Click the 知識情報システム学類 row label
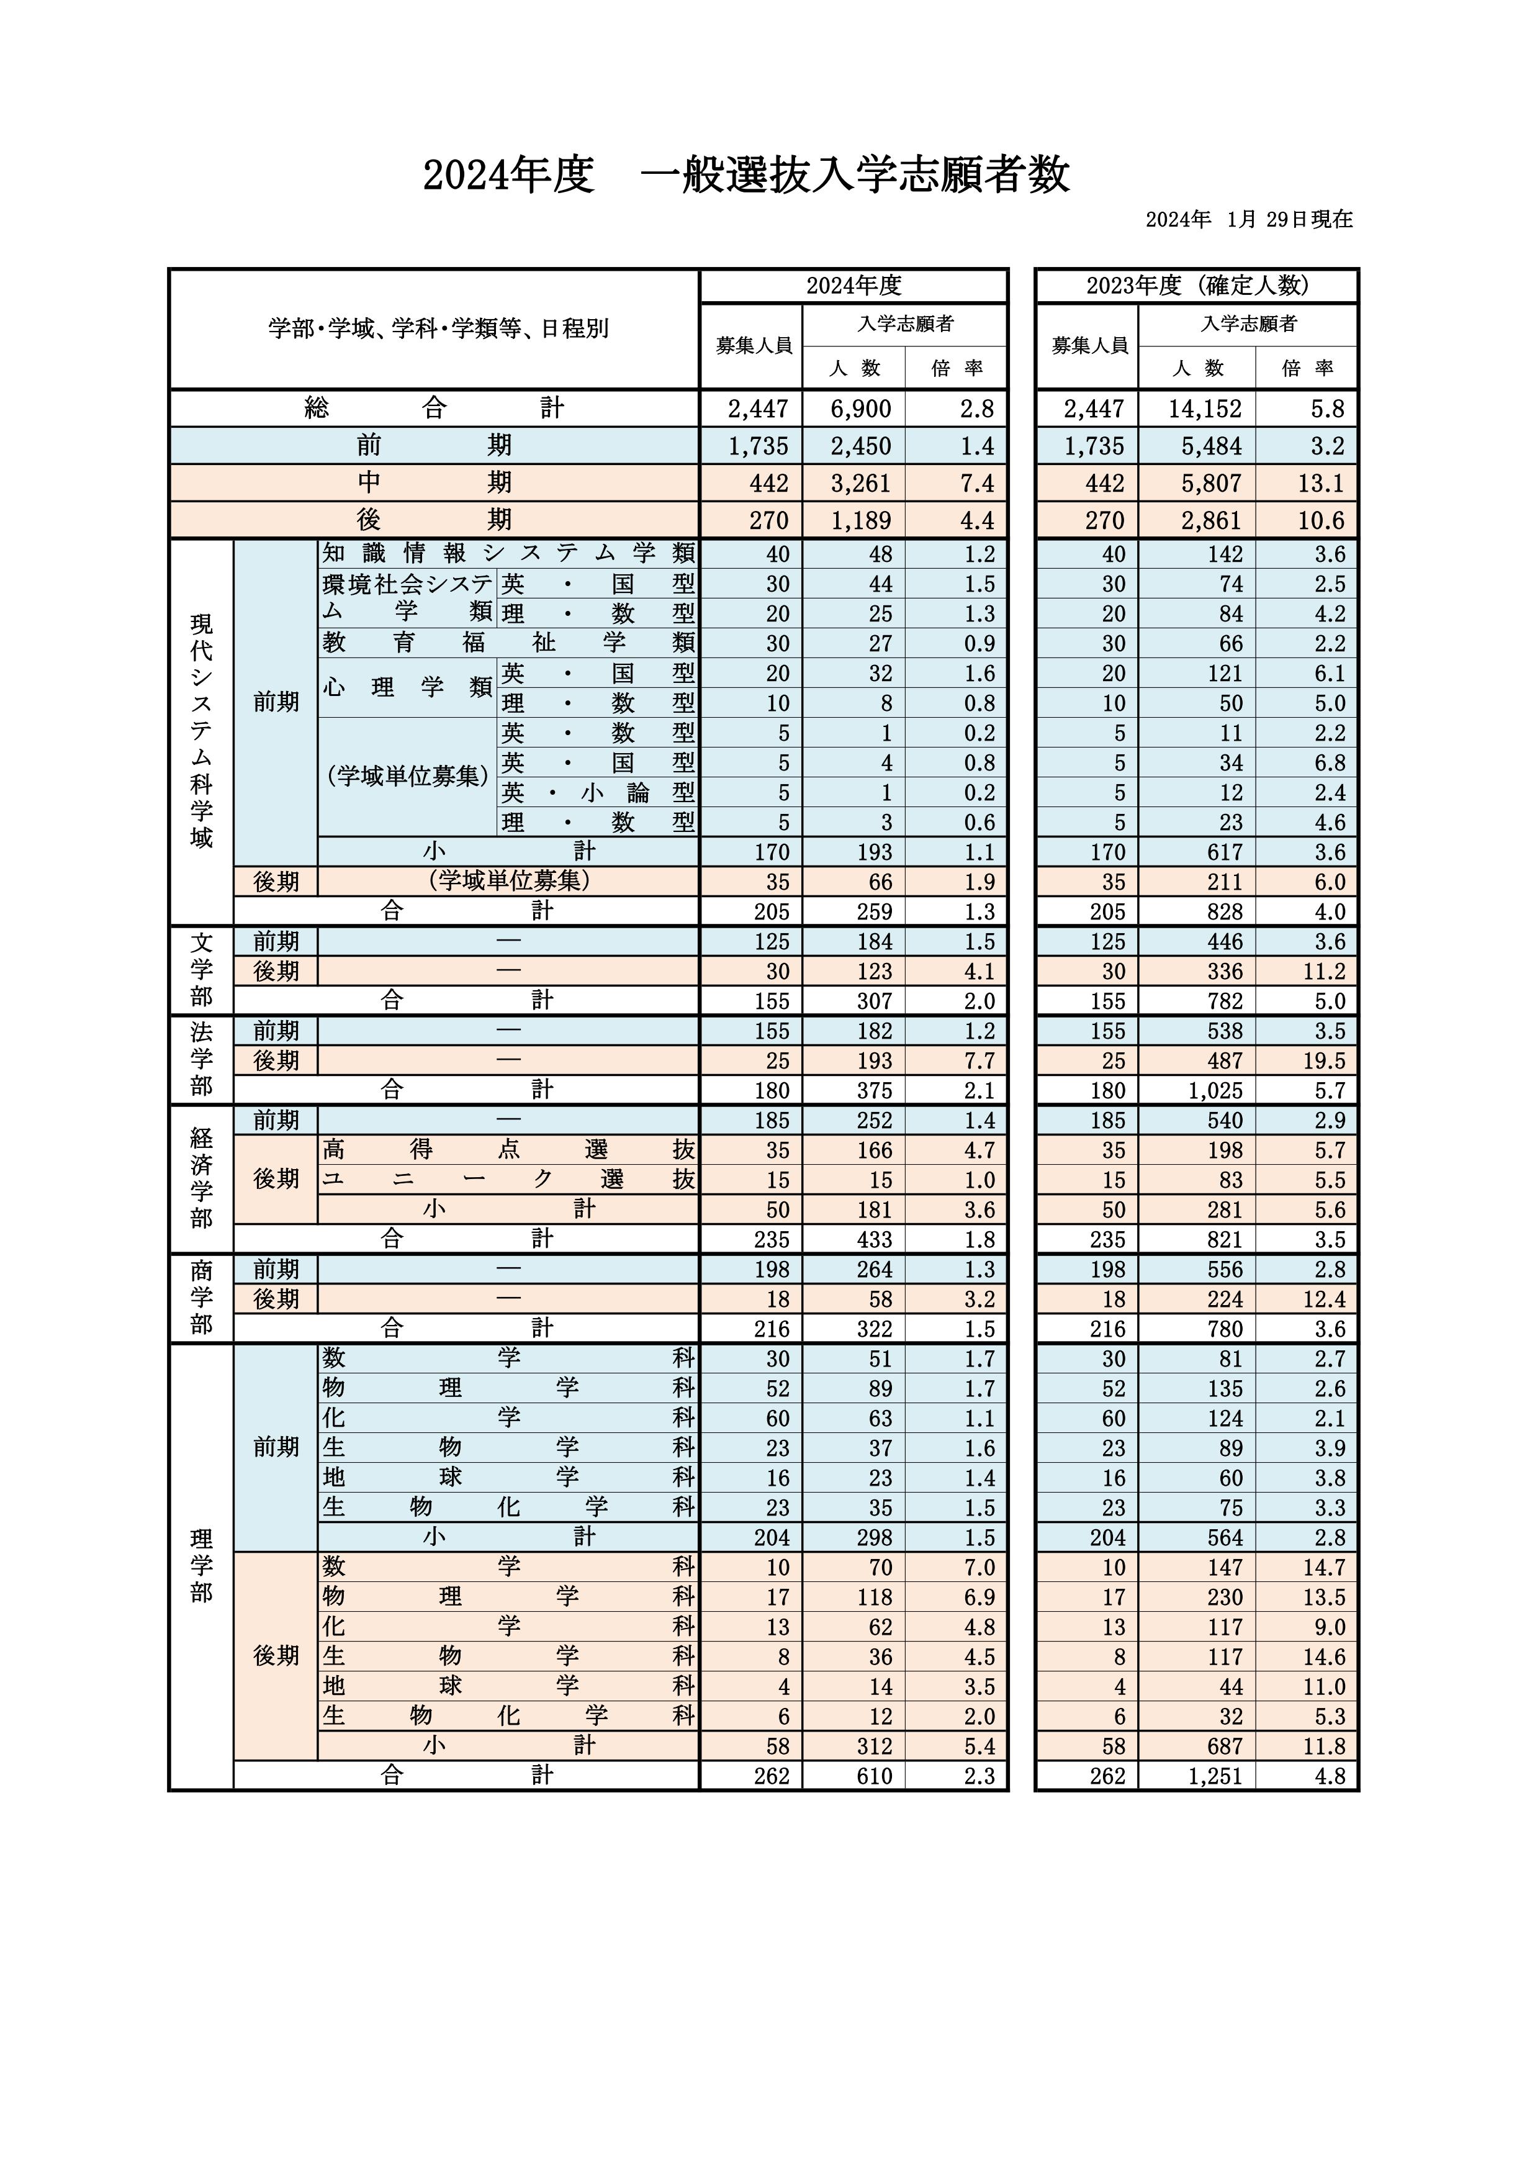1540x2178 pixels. click(508, 553)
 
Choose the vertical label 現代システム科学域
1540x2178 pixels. click(201, 730)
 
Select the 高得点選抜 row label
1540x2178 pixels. click(508, 1150)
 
